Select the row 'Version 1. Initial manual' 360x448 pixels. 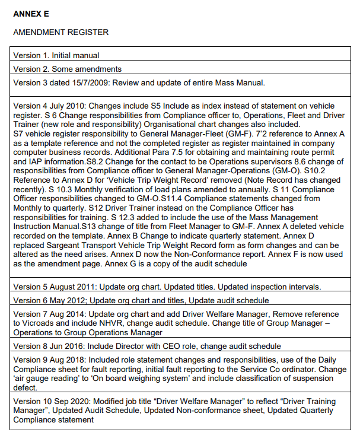[56, 55]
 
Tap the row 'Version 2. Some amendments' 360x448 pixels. [68, 69]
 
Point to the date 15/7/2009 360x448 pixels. [100, 82]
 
